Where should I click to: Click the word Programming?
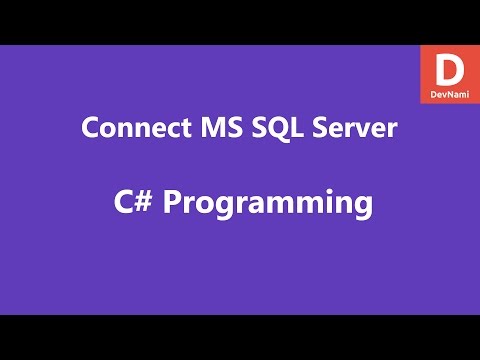coord(268,204)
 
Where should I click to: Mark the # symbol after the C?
coord(142,202)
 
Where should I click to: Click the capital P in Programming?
coord(172,202)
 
